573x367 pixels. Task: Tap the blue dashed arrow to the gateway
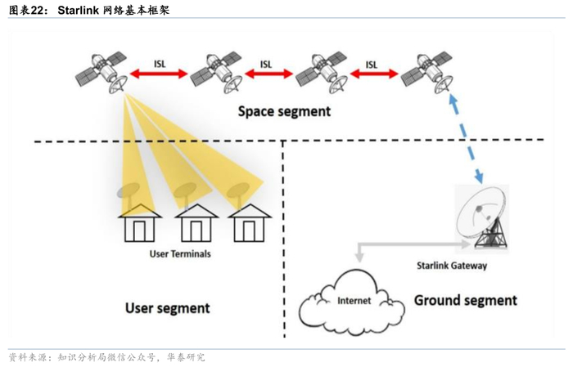tap(467, 135)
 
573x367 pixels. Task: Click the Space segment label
tap(284, 111)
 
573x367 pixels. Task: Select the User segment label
tap(167, 308)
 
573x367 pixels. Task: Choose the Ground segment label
tap(465, 300)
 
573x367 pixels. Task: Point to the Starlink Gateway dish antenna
tap(483, 217)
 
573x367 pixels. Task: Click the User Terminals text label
tap(180, 254)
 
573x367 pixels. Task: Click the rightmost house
tap(249, 222)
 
